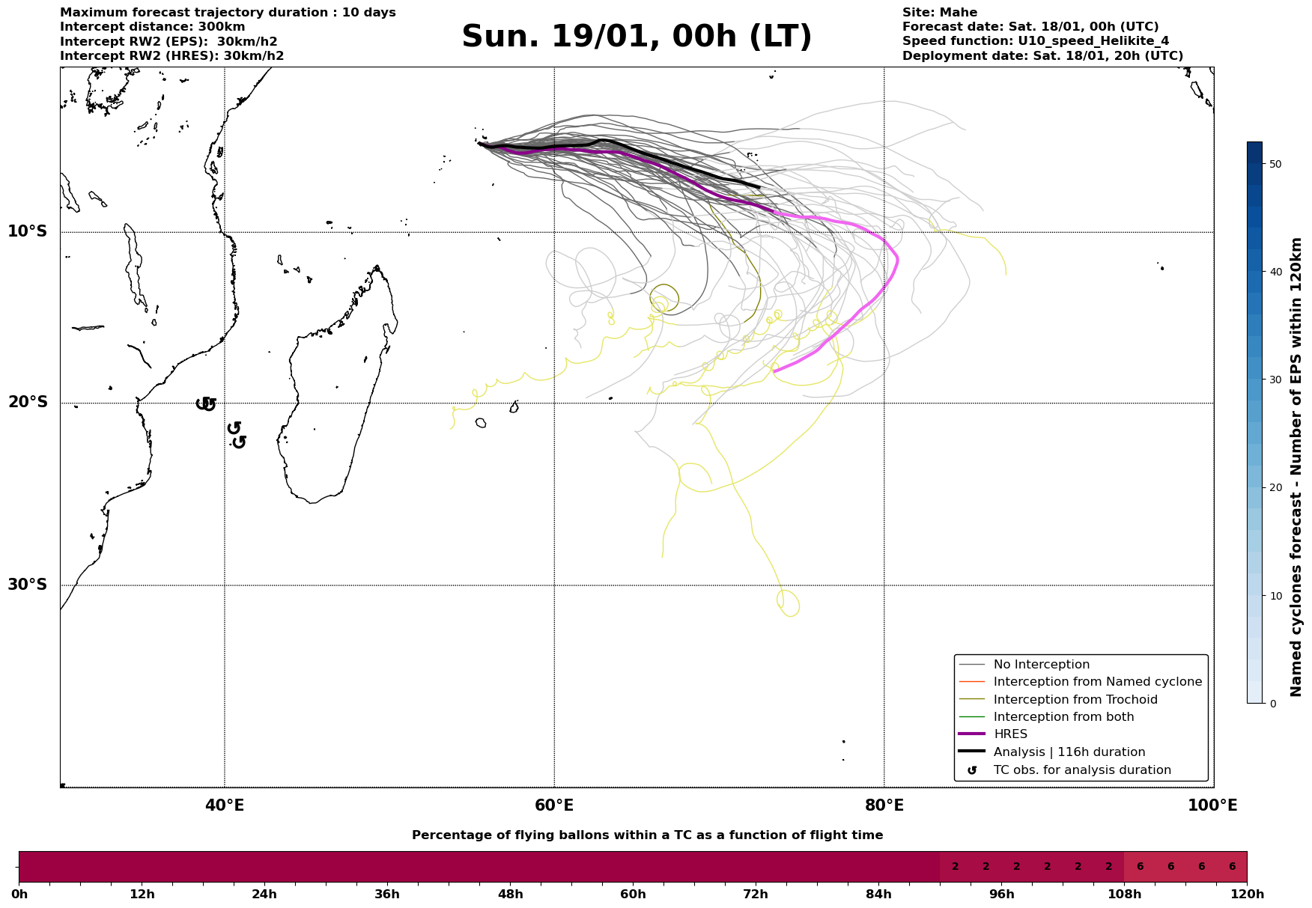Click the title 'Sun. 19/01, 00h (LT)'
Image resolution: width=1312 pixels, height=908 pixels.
pos(637,37)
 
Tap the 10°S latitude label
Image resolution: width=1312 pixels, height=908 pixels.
pos(28,231)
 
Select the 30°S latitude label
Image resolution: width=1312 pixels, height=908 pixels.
pos(28,585)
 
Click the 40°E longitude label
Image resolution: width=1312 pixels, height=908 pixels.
pos(225,806)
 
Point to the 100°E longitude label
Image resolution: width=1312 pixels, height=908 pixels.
pos(1212,806)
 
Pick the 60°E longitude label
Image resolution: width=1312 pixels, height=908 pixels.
pos(554,806)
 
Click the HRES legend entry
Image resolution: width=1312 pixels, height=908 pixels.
pos(1010,734)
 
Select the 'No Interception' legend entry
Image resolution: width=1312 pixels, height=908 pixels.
pos(1041,665)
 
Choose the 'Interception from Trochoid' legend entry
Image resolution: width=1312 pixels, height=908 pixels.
pos(1075,700)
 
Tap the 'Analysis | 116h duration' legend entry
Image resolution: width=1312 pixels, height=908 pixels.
pos(1069,752)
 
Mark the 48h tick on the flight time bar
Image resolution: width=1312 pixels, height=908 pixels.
pos(511,895)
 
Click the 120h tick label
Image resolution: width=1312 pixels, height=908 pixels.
pos(1247,895)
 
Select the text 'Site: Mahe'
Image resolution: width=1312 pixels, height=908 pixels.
pos(939,13)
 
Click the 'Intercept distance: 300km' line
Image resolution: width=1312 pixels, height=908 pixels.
pos(152,27)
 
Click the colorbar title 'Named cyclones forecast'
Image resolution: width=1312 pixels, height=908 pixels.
pos(1297,467)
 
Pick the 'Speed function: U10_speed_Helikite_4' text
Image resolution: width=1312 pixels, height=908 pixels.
pos(1035,41)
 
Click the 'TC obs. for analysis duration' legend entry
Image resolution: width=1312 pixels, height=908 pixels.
pos(1081,770)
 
